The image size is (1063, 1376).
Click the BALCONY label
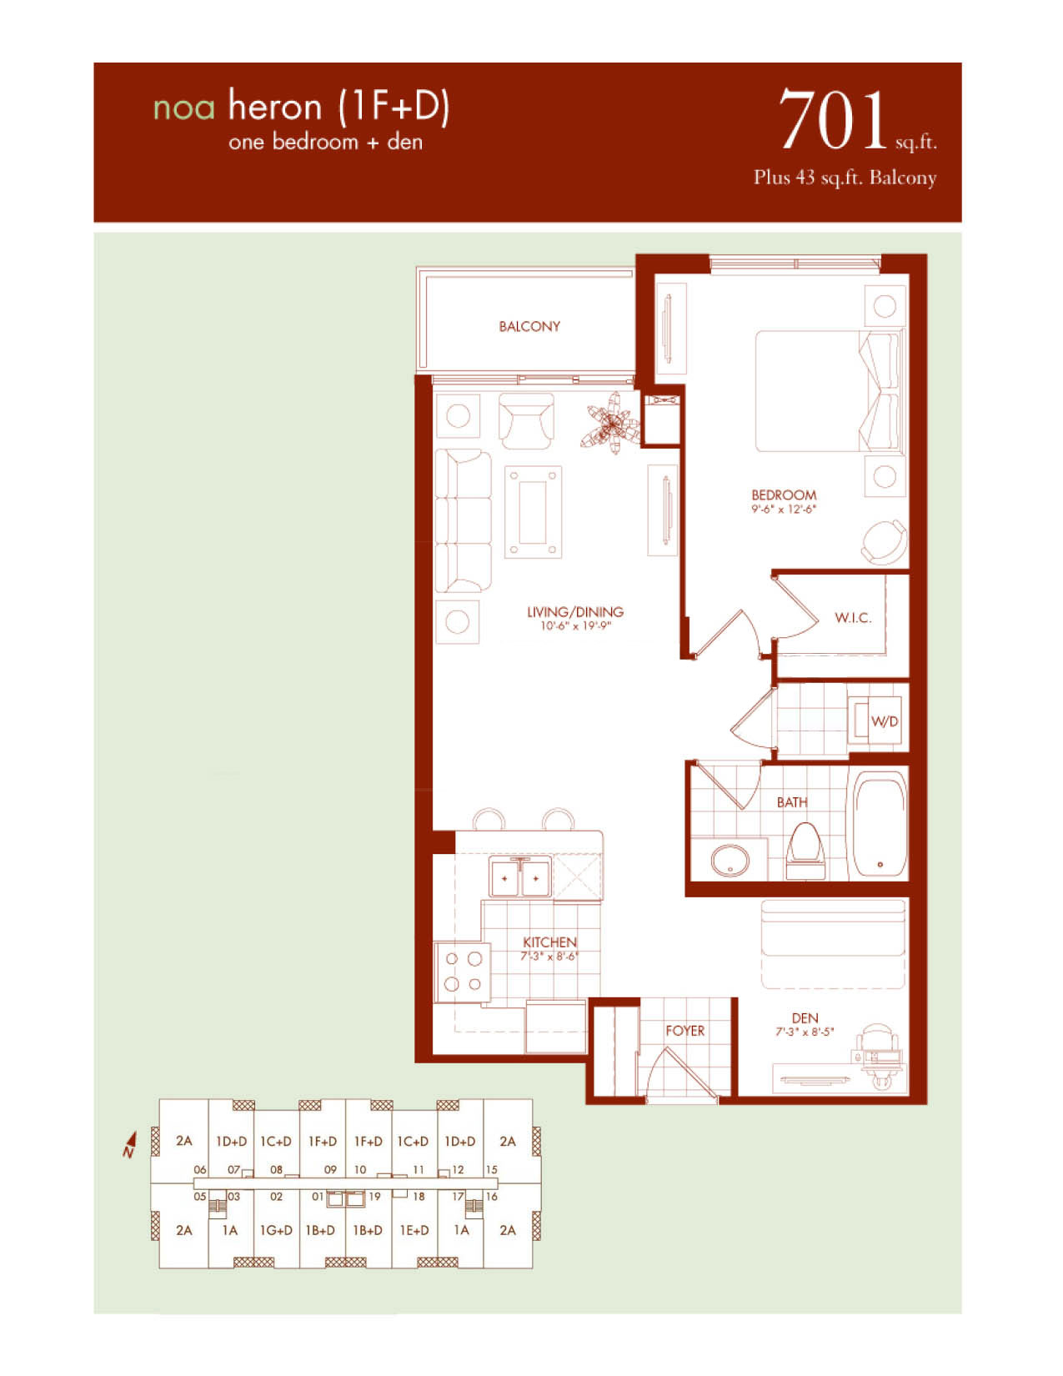(x=529, y=327)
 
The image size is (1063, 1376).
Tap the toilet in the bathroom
(x=805, y=851)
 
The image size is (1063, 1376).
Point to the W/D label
(x=884, y=721)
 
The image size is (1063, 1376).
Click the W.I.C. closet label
(x=853, y=618)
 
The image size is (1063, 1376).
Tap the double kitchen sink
(x=519, y=877)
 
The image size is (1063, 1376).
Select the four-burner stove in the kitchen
(x=462, y=972)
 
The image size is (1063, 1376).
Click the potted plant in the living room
(x=612, y=422)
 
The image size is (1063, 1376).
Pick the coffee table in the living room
(x=533, y=512)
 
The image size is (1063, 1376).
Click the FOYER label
(x=685, y=1031)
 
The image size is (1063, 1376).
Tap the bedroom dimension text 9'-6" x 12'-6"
(x=784, y=509)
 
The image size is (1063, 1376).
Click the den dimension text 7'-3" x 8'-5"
(x=805, y=1032)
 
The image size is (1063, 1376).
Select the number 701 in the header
(x=832, y=120)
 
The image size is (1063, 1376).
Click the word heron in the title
(x=275, y=107)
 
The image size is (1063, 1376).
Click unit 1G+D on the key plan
(x=276, y=1230)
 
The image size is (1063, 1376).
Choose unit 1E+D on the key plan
(x=414, y=1230)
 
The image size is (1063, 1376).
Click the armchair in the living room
(x=526, y=420)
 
